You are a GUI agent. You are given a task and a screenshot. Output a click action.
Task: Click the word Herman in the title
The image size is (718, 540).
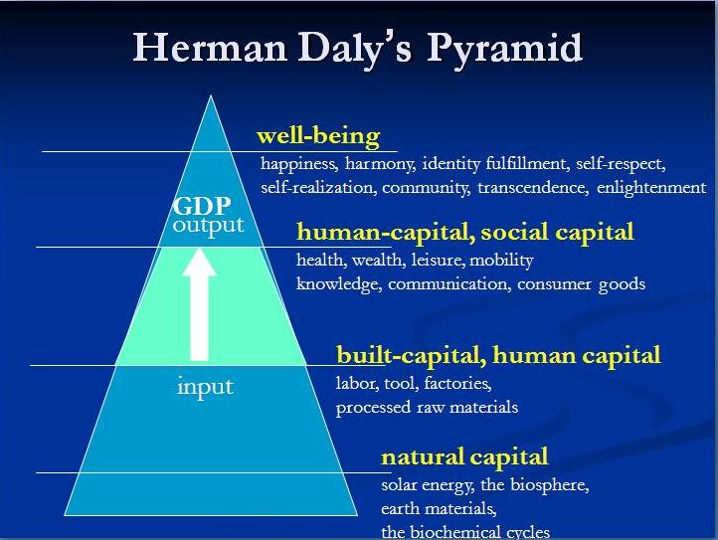click(x=210, y=47)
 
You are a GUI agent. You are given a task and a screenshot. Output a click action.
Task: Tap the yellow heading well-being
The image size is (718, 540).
click(x=318, y=136)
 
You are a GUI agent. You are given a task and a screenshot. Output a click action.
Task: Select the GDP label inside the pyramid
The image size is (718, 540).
click(x=202, y=206)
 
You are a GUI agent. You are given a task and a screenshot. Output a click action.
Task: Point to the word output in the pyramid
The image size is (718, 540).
click(x=209, y=227)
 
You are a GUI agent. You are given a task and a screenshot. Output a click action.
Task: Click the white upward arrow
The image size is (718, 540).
click(x=199, y=304)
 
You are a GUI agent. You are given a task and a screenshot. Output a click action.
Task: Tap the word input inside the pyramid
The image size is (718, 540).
click(x=205, y=388)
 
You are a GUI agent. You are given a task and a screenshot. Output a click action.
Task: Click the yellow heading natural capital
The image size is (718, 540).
click(x=464, y=457)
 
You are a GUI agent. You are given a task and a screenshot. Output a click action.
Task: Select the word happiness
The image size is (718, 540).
click(x=299, y=164)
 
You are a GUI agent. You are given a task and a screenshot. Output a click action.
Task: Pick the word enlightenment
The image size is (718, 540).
click(x=651, y=188)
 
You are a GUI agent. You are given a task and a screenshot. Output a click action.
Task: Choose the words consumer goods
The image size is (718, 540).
click(x=581, y=284)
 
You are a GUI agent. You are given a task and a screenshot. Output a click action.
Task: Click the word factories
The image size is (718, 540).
click(x=457, y=383)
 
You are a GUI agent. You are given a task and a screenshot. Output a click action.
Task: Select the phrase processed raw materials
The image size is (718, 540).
click(x=427, y=408)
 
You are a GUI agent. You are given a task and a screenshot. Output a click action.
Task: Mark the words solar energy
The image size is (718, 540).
click(x=428, y=485)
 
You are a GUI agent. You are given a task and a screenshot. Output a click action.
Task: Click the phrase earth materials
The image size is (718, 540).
click(x=439, y=509)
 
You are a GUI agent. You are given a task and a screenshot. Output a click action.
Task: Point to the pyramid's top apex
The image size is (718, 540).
click(x=211, y=95)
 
